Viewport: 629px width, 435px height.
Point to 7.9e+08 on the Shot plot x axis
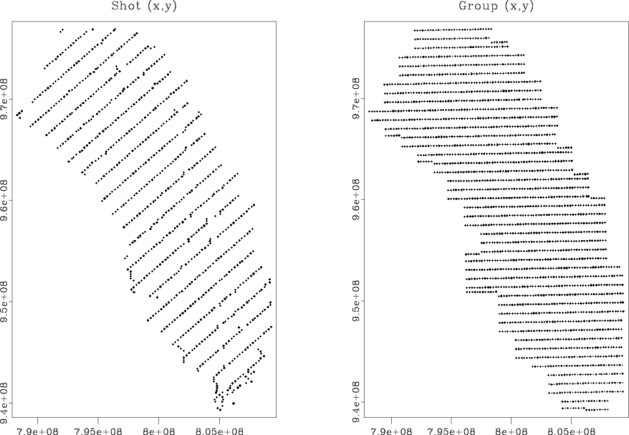pyautogui.click(x=38, y=429)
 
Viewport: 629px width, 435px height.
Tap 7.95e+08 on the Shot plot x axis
pyautogui.click(x=98, y=429)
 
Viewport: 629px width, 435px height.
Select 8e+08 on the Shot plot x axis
pyautogui.click(x=158, y=429)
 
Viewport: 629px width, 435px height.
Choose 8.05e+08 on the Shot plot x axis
pyautogui.click(x=219, y=429)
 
